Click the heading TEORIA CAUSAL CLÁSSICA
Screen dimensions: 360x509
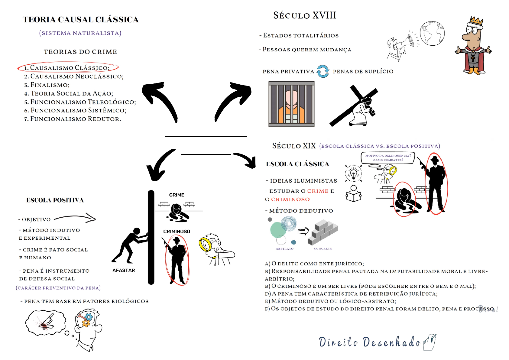(81, 20)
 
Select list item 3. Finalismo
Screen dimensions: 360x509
(47, 85)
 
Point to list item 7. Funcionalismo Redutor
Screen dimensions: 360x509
(73, 119)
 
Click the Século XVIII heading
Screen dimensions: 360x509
(305, 15)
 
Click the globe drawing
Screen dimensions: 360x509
(432, 33)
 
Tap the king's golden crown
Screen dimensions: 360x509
(476, 21)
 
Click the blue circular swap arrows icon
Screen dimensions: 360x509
(323, 71)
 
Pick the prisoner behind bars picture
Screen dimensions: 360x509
(292, 104)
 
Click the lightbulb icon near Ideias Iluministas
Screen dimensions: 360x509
(354, 173)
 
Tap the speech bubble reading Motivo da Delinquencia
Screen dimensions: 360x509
(388, 158)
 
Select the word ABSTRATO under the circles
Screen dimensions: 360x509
(284, 249)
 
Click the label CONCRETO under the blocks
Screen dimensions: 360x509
(323, 249)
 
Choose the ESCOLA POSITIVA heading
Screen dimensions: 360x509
(55, 200)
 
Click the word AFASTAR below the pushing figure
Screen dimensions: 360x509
(124, 271)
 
